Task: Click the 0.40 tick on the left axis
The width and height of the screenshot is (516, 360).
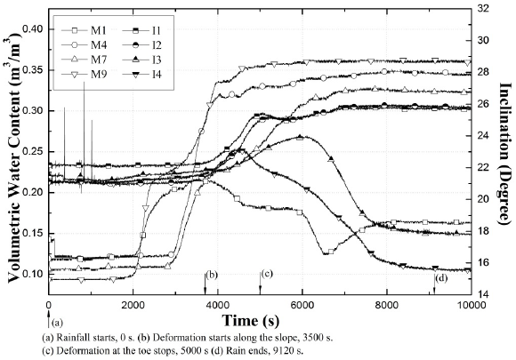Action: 30,29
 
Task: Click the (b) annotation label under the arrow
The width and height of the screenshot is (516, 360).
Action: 212,276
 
